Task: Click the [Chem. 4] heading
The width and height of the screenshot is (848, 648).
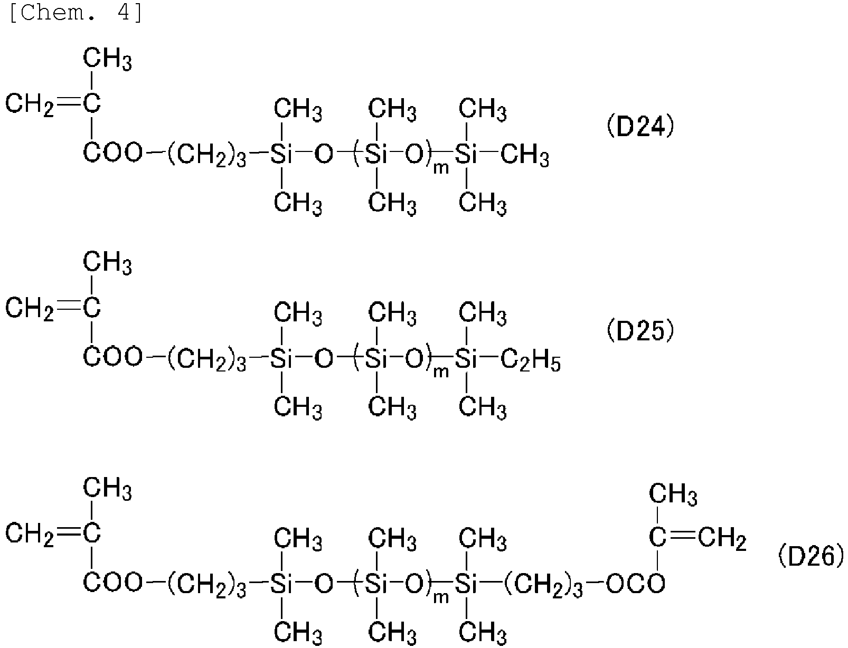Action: pyautogui.click(x=76, y=13)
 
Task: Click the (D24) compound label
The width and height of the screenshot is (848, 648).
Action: pyautogui.click(x=640, y=127)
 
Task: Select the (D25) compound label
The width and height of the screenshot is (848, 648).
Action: pyautogui.click(x=640, y=331)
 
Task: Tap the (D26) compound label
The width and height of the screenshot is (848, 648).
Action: pyautogui.click(x=811, y=557)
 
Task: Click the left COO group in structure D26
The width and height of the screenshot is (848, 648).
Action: pyautogui.click(x=113, y=583)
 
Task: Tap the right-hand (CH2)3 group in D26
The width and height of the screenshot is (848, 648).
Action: pyautogui.click(x=543, y=585)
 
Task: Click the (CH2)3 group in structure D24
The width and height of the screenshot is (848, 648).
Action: pyautogui.click(x=206, y=155)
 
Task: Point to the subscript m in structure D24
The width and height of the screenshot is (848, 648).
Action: pyautogui.click(x=441, y=169)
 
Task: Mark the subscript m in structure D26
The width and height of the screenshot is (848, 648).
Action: pyautogui.click(x=441, y=598)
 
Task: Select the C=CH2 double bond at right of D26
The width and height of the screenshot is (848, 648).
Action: pyautogui.click(x=682, y=537)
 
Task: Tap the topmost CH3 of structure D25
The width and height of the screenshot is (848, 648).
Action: pyautogui.click(x=107, y=264)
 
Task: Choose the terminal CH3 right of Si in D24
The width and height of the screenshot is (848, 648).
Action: pyautogui.click(x=525, y=155)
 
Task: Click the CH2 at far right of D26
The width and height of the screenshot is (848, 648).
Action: pyautogui.click(x=722, y=538)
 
